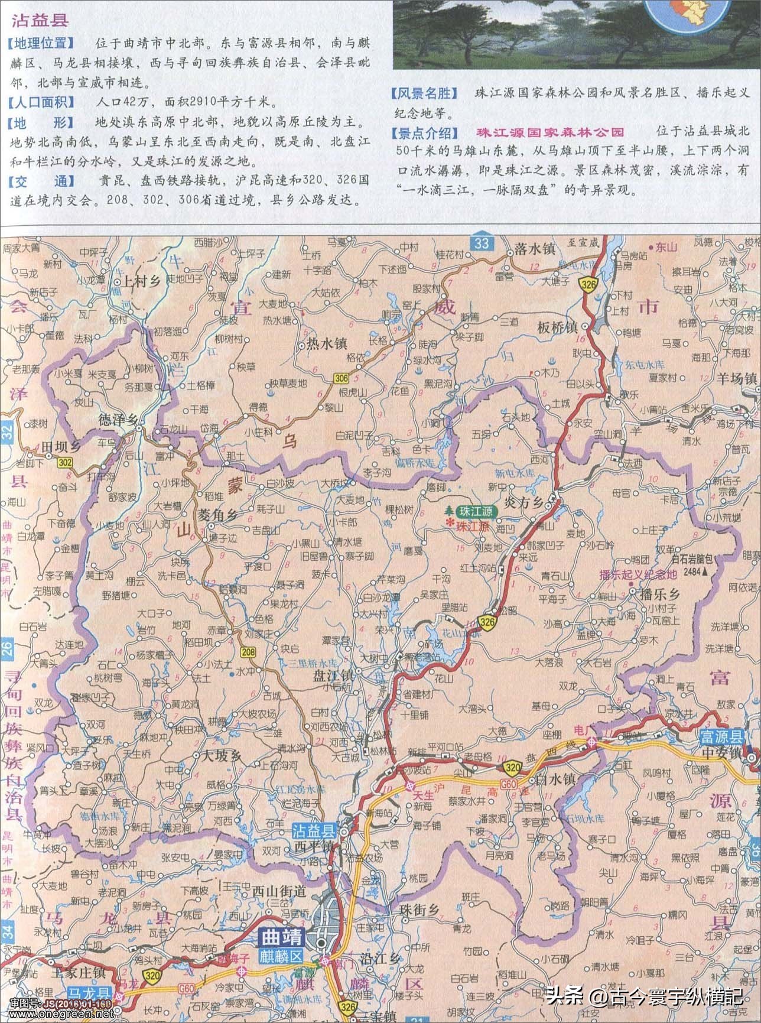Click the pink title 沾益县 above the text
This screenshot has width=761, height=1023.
tap(40, 21)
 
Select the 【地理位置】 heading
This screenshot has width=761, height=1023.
tap(41, 44)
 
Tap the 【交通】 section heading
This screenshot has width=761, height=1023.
tap(41, 181)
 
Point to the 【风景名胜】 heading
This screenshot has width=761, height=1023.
tap(424, 94)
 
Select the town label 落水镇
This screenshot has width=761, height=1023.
tap(534, 249)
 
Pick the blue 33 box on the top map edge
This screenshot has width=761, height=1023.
tap(482, 243)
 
